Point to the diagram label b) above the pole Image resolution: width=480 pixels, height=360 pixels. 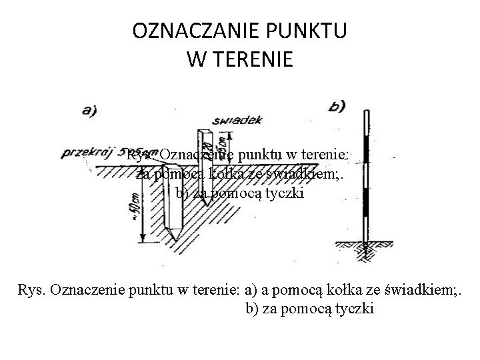(x=337, y=106)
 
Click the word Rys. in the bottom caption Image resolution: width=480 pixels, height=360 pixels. (x=31, y=291)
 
